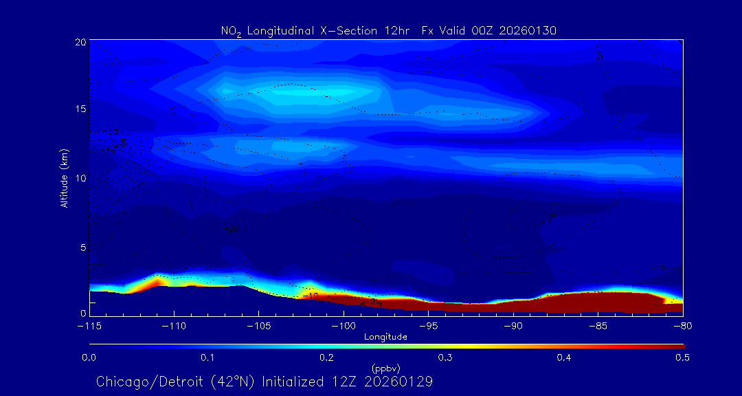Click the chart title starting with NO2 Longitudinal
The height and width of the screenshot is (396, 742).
point(388,30)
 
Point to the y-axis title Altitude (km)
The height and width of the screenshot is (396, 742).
point(64,177)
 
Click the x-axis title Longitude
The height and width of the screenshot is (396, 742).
point(385,337)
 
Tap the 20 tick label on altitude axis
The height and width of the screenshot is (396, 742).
point(80,42)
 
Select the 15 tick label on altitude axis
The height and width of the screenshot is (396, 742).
point(80,110)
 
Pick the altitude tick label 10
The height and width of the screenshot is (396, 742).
point(80,178)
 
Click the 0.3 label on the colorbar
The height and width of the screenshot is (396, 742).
point(445,357)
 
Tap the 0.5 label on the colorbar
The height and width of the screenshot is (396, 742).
point(683,357)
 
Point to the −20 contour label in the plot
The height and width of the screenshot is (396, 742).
point(232,229)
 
